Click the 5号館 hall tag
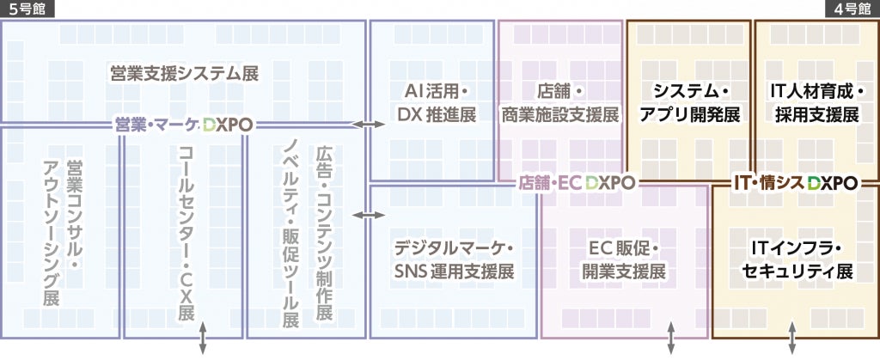(x=27, y=9)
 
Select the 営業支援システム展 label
(x=184, y=72)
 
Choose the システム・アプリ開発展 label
(x=690, y=102)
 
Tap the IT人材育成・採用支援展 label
(x=816, y=102)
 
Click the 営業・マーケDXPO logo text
(x=184, y=125)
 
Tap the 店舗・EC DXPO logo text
(x=577, y=182)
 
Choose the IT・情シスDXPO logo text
(x=796, y=182)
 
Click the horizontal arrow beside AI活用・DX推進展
(x=370, y=125)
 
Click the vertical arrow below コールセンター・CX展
(x=203, y=339)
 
